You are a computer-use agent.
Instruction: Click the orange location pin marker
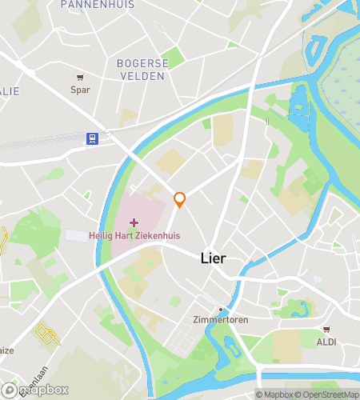tap(180, 199)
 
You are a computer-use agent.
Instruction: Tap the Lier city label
tap(213, 259)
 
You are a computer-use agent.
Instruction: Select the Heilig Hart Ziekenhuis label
tap(134, 234)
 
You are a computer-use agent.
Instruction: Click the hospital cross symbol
tap(134, 221)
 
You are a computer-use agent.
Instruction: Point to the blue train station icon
tap(93, 138)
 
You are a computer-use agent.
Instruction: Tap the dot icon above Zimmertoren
tap(220, 309)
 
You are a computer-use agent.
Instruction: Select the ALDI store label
tap(326, 342)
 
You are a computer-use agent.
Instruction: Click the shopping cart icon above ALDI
tap(326, 330)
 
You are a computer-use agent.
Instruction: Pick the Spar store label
tap(80, 90)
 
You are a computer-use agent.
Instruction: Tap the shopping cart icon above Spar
tap(80, 78)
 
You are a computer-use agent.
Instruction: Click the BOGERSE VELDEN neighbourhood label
tap(142, 69)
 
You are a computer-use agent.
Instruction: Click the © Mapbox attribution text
tap(273, 394)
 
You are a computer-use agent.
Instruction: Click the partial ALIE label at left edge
tap(10, 91)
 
